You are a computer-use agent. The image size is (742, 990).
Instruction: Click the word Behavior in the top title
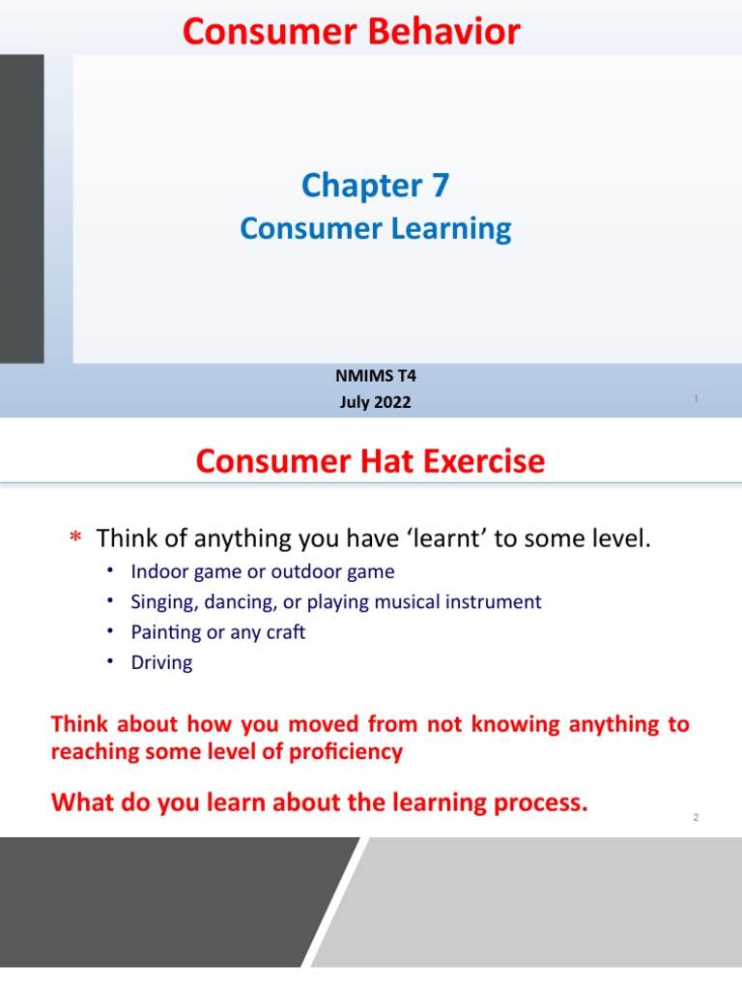coord(451,33)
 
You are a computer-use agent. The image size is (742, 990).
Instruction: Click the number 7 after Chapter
coord(440,185)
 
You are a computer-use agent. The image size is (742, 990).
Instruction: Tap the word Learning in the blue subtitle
coord(452,229)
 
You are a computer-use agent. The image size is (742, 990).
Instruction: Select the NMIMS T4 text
coord(375,378)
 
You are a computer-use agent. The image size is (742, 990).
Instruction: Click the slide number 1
coord(696,399)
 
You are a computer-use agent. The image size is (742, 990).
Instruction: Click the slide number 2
coord(695,818)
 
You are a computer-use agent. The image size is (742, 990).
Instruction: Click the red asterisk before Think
coord(75,539)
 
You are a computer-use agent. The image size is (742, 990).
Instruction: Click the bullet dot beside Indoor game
coord(111,570)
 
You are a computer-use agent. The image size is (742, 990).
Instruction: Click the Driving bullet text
coord(161,663)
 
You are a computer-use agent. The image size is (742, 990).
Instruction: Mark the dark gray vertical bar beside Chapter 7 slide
coord(21,208)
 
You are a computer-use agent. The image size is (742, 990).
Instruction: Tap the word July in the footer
coord(355,402)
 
